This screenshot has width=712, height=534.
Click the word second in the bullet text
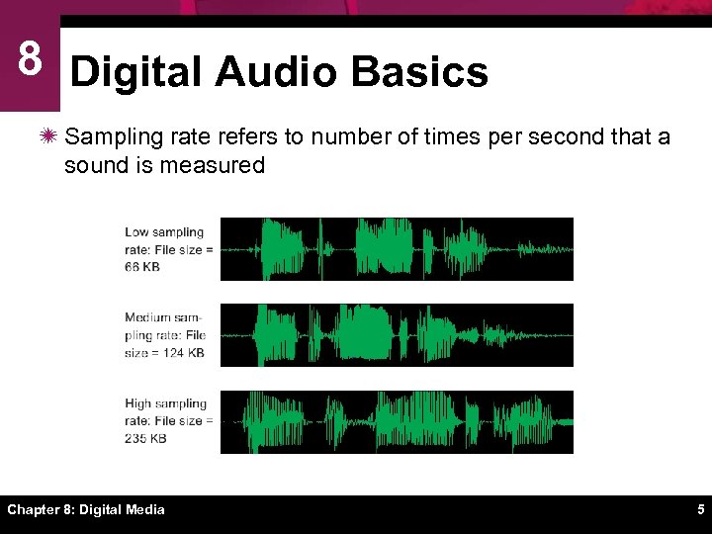pos(566,136)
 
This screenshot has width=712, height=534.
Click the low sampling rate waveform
pos(396,249)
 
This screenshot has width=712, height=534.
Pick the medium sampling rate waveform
pos(396,335)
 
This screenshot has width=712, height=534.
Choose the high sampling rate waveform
pos(396,421)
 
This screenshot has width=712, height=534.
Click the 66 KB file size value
pos(142,267)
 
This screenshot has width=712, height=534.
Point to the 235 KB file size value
pos(145,438)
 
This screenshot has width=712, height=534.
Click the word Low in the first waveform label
pos(136,232)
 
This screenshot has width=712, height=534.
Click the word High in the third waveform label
pos(138,403)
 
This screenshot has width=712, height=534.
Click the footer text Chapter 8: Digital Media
pos(86,510)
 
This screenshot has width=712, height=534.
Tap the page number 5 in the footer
pos(700,510)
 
